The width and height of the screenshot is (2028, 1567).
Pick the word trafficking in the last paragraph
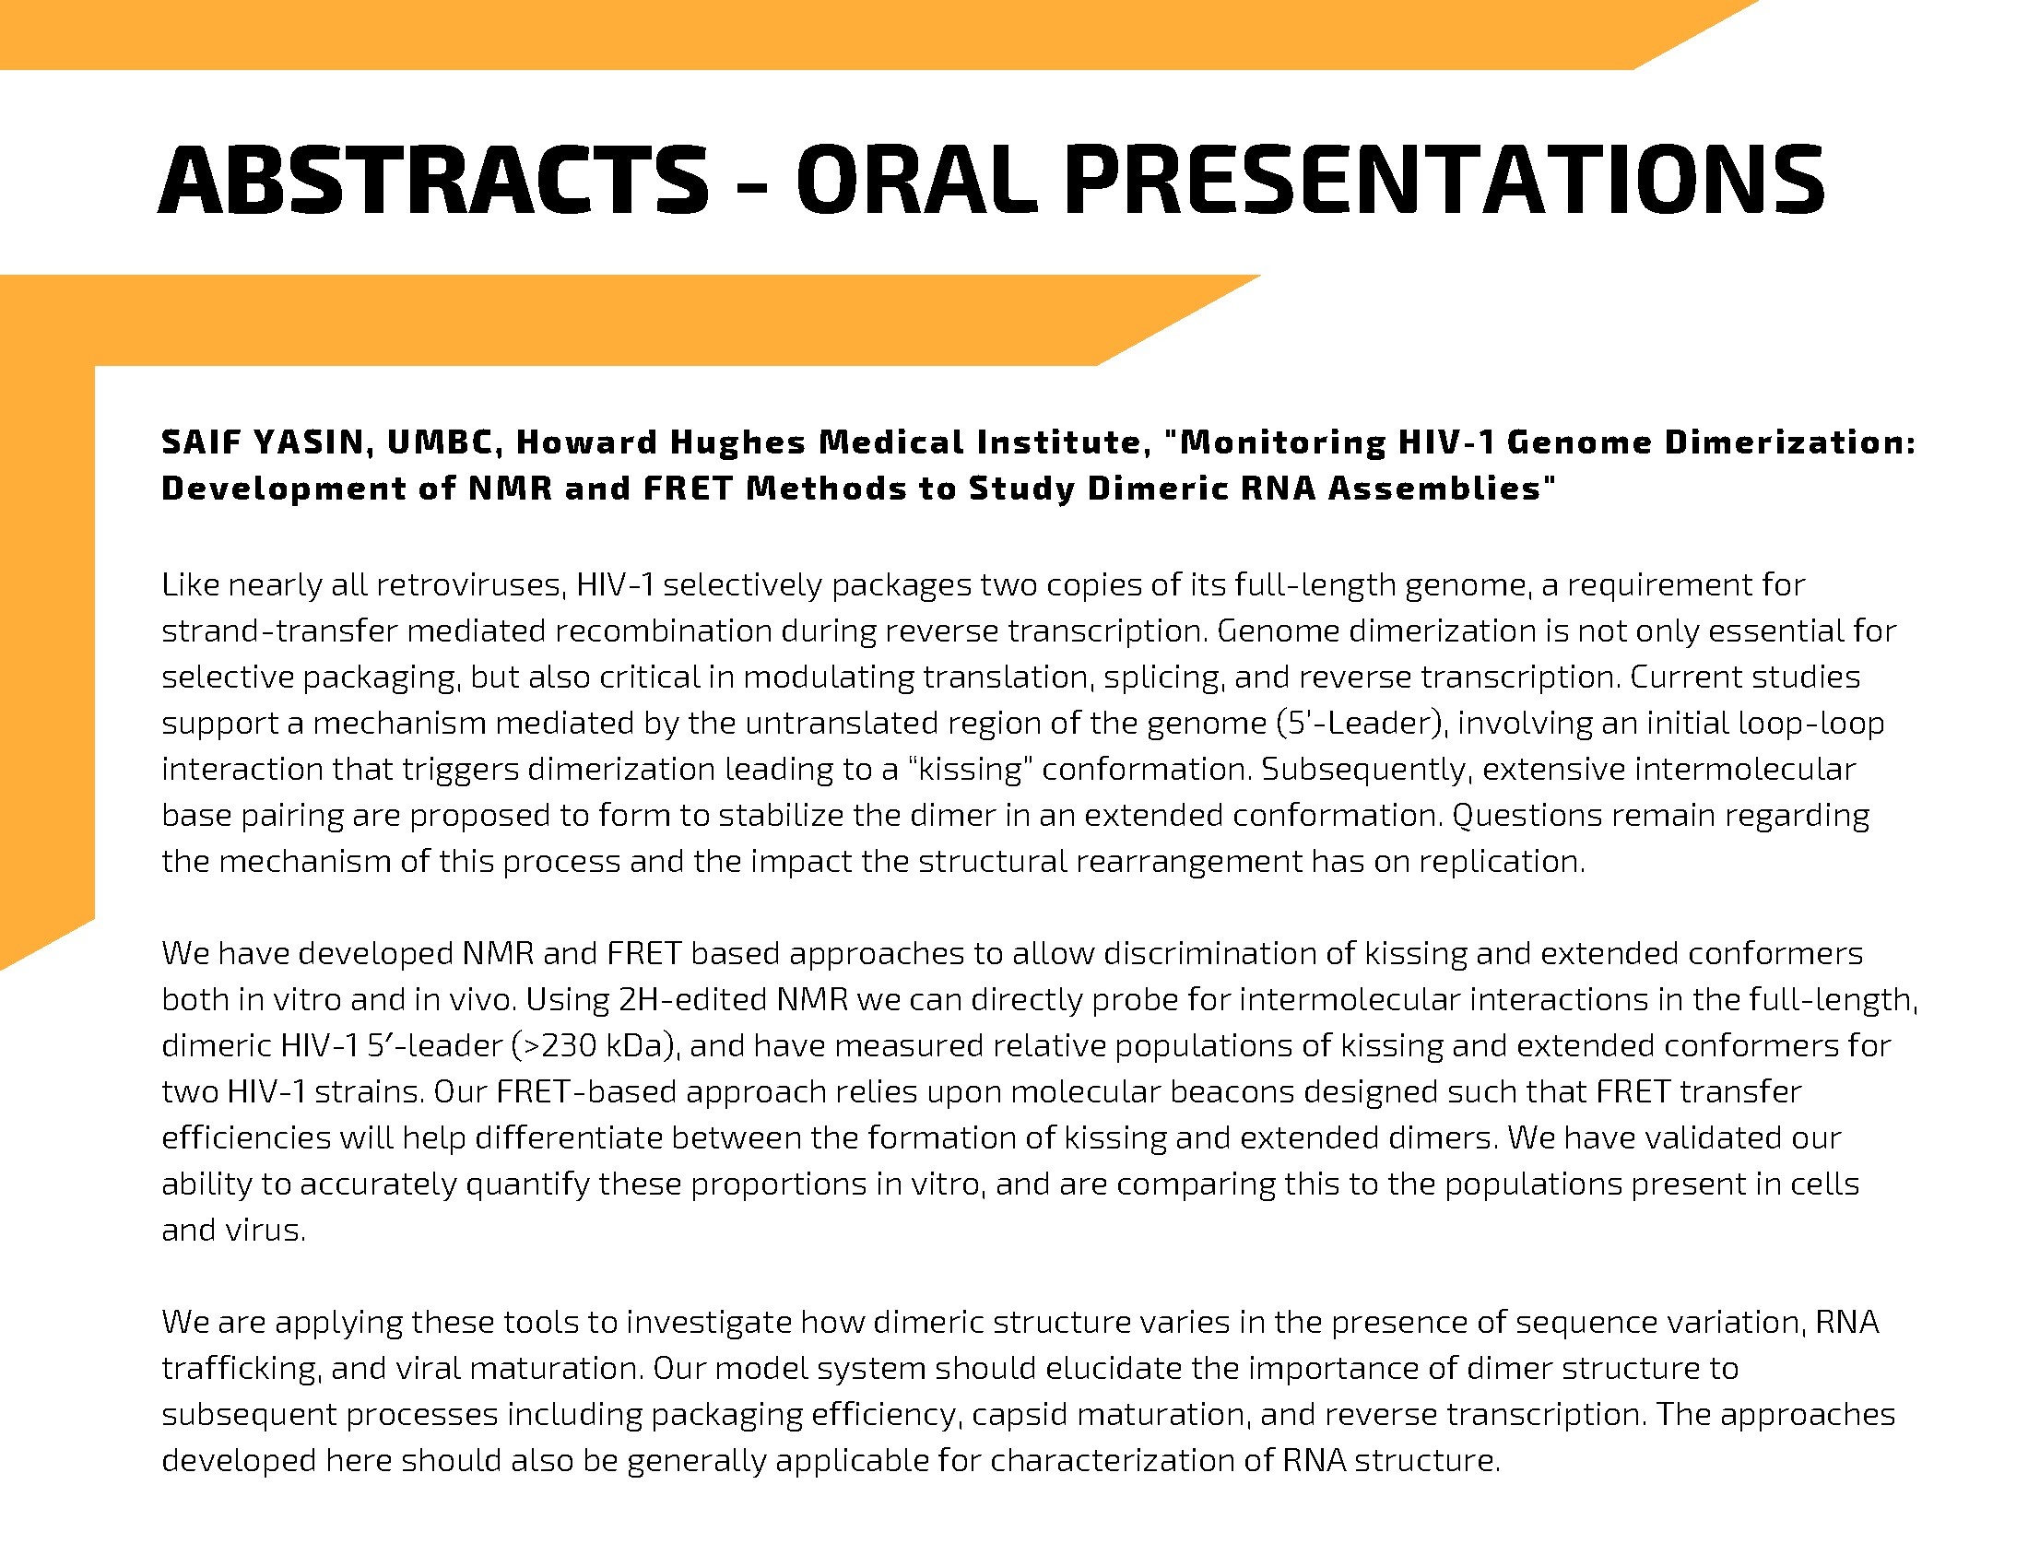241,1369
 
